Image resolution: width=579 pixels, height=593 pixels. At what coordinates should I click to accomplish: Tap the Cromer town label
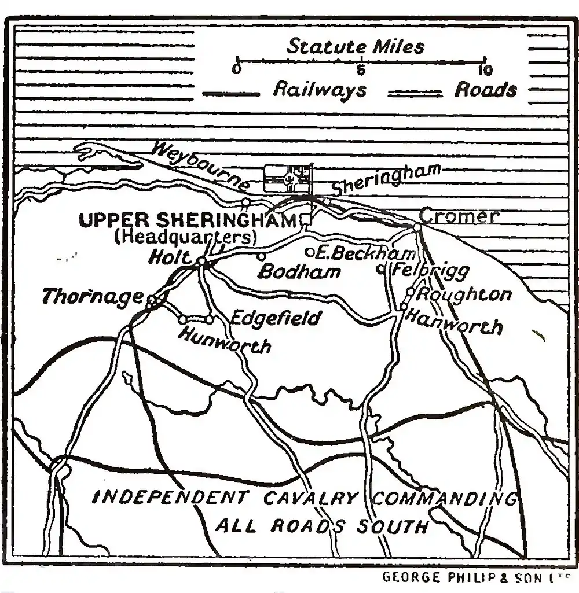tap(459, 216)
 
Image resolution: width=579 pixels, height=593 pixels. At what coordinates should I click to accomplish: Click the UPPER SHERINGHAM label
tap(188, 220)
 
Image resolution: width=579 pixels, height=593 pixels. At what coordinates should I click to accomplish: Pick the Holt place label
tap(170, 257)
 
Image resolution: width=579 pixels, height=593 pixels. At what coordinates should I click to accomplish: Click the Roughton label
tap(464, 294)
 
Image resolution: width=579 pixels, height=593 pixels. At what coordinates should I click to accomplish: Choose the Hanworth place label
tap(454, 322)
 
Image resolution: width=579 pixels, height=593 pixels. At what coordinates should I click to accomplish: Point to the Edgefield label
tap(275, 318)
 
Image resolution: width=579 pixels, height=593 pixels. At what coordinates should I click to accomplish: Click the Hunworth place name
tap(225, 340)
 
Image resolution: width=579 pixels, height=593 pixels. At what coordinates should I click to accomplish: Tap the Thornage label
tap(93, 297)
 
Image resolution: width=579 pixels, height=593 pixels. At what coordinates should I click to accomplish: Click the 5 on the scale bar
tap(360, 71)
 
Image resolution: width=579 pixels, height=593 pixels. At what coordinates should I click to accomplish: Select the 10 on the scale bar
tap(485, 71)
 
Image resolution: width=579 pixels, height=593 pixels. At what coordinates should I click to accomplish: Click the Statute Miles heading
tap(356, 46)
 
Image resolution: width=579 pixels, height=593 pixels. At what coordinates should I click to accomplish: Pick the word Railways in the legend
tap(319, 90)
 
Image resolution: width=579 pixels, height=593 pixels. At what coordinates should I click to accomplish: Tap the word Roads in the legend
tap(485, 90)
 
